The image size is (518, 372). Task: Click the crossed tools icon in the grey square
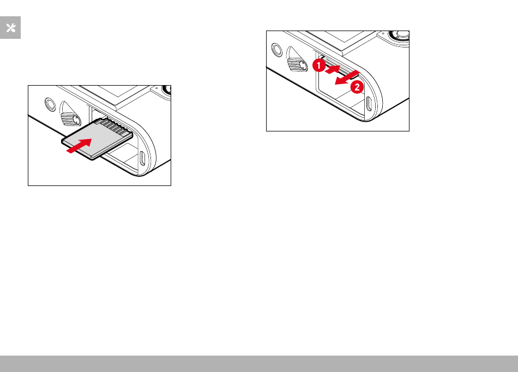click(10, 28)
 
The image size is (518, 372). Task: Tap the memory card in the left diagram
click(97, 139)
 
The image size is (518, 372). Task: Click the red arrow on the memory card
click(79, 146)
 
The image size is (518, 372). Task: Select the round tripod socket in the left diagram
click(50, 104)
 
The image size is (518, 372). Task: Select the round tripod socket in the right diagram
click(277, 50)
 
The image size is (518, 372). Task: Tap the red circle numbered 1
click(318, 65)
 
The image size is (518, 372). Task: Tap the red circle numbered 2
click(357, 87)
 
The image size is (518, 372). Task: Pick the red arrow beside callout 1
click(333, 69)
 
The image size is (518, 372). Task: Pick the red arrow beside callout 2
click(347, 77)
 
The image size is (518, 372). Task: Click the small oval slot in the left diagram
click(142, 158)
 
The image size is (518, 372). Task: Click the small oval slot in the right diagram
click(369, 104)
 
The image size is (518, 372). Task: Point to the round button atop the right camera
click(399, 35)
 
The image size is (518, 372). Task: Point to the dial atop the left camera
click(165, 90)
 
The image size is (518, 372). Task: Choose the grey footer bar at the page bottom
click(259, 364)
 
